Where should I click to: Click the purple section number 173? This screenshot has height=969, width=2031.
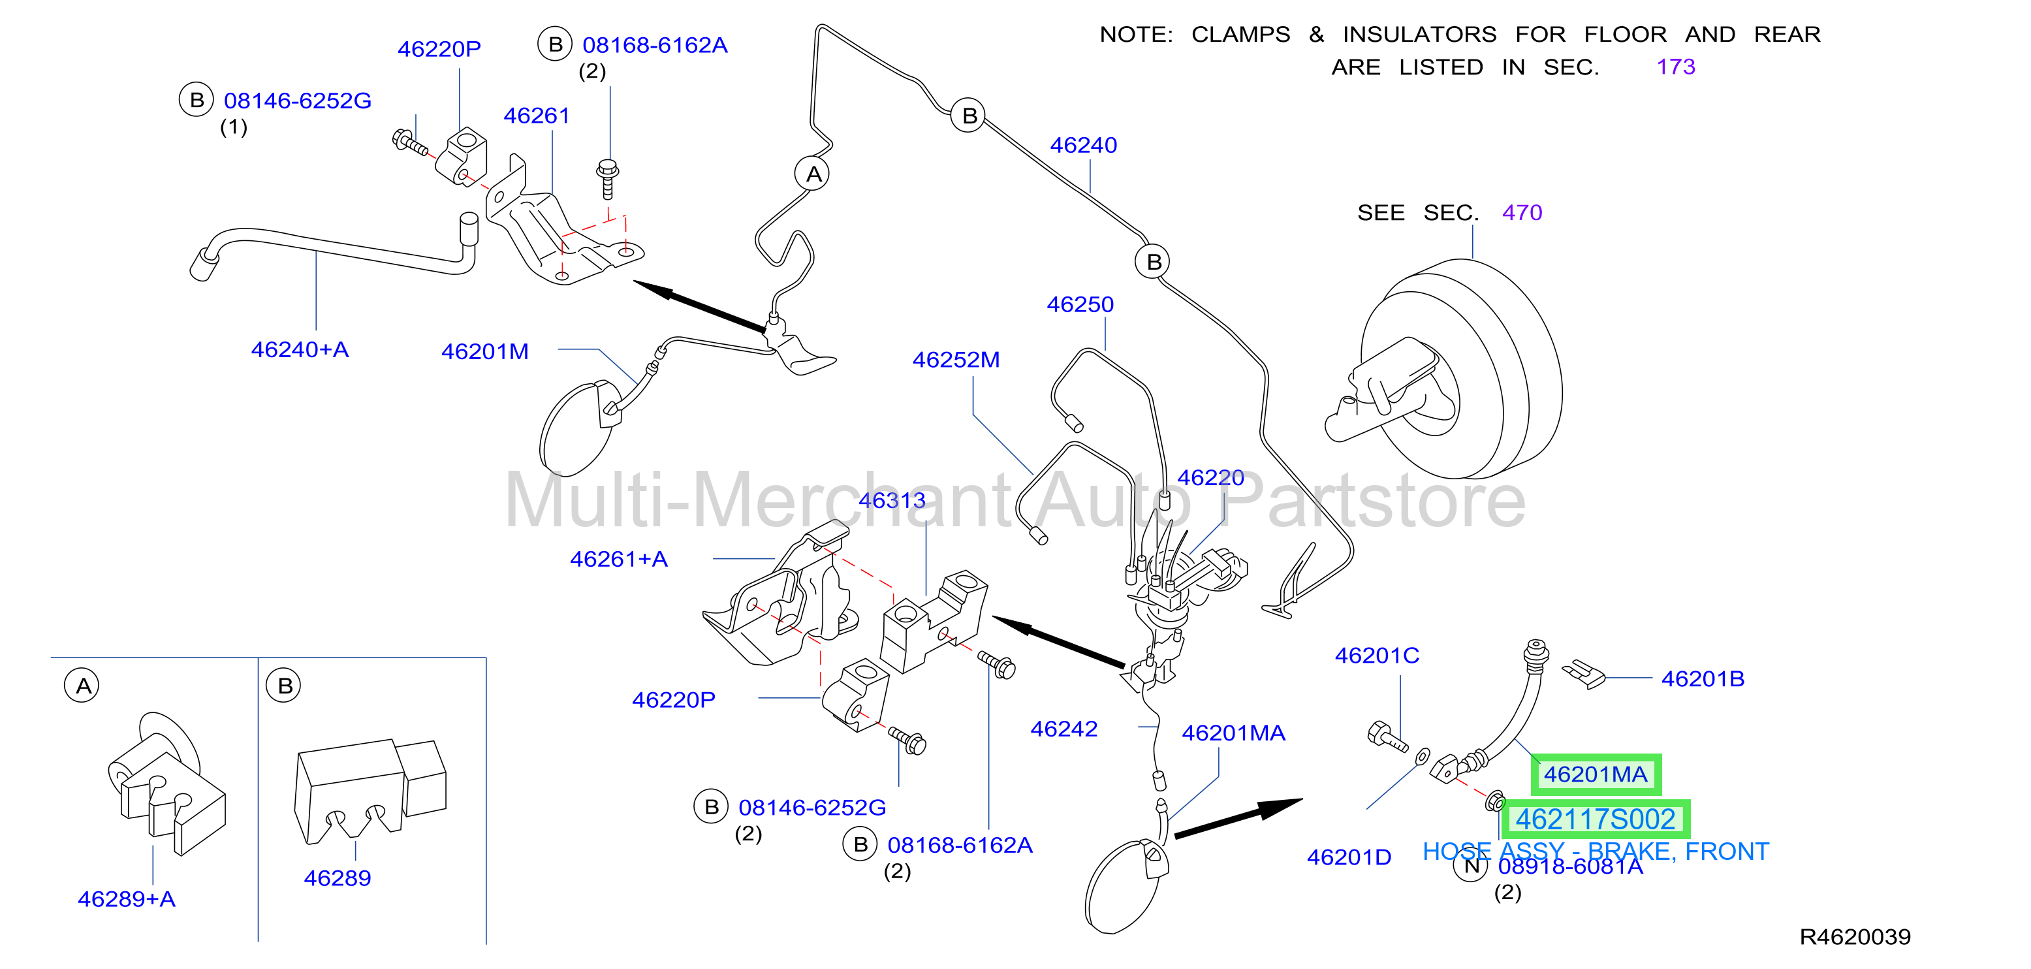pos(1675,67)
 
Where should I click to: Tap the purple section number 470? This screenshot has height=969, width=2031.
pos(1522,213)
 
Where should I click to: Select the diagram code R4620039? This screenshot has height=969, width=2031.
pos(1854,936)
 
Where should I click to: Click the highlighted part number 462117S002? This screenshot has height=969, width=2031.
pos(1595,819)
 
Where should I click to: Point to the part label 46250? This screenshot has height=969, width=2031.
pos(1080,304)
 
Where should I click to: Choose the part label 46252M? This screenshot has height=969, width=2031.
pos(956,360)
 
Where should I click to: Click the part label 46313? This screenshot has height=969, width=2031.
pos(892,501)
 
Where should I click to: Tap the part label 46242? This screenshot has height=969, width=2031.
pos(1063,729)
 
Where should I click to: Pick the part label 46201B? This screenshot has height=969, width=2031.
pos(1703,679)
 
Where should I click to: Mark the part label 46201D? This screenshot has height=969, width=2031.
pos(1349,857)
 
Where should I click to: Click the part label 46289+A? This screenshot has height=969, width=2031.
pos(126,899)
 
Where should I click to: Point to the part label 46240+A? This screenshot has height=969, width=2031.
pos(300,349)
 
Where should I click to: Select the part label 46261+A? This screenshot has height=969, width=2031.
pos(619,559)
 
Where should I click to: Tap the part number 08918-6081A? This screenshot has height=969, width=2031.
pos(1570,866)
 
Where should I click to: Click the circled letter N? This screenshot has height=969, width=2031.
pos(1470,866)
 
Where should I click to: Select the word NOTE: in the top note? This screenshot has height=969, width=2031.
pos(1136,35)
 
